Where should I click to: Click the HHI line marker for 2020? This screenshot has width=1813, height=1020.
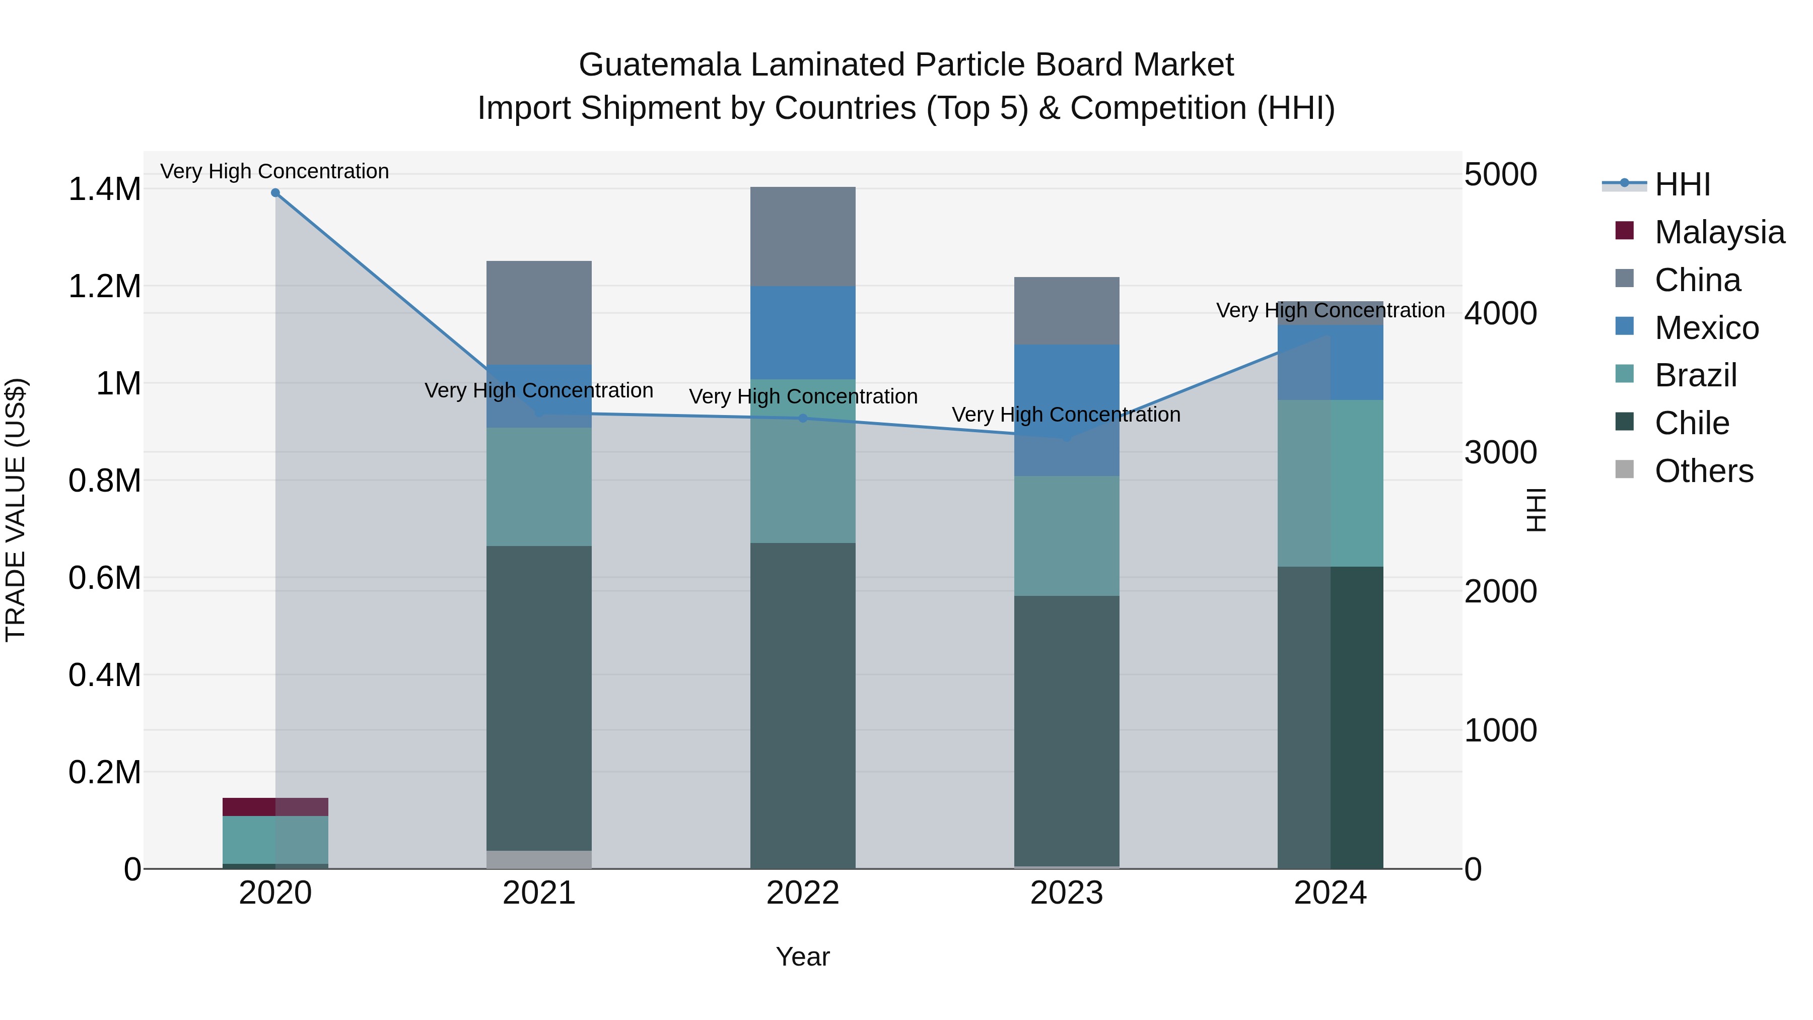[x=275, y=193]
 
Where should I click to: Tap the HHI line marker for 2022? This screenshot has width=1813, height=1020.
[x=803, y=418]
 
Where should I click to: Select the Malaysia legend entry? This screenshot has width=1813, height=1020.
[x=1719, y=232]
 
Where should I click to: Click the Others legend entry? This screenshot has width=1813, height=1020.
[x=1703, y=471]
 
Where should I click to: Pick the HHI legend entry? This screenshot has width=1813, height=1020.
[x=1682, y=184]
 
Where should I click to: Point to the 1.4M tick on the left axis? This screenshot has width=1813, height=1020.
[x=104, y=189]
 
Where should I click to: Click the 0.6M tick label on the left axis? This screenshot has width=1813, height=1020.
[x=104, y=578]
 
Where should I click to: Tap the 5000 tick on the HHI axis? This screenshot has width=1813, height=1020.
[x=1501, y=175]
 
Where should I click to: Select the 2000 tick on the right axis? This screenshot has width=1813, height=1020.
[x=1501, y=591]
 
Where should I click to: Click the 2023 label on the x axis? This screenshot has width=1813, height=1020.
[x=1066, y=893]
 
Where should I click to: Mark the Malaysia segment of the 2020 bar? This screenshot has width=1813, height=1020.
[x=275, y=807]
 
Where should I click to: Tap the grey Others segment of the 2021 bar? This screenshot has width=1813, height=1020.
[x=539, y=859]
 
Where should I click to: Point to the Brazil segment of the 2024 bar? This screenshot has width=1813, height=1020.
[x=1330, y=483]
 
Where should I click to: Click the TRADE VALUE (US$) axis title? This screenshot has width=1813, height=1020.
[x=16, y=510]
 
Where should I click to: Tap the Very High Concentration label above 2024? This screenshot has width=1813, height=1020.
[x=1330, y=310]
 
